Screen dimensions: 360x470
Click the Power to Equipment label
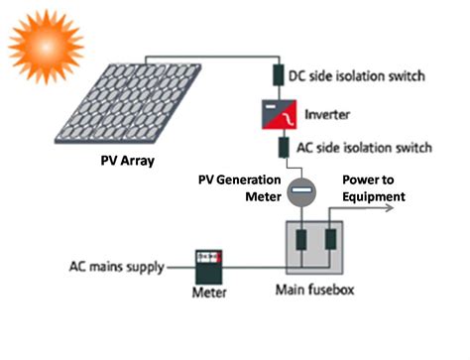click(373, 189)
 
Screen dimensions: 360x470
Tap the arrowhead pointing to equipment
click(406, 210)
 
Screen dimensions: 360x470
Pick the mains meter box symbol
click(210, 266)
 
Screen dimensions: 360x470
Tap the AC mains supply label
click(115, 266)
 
